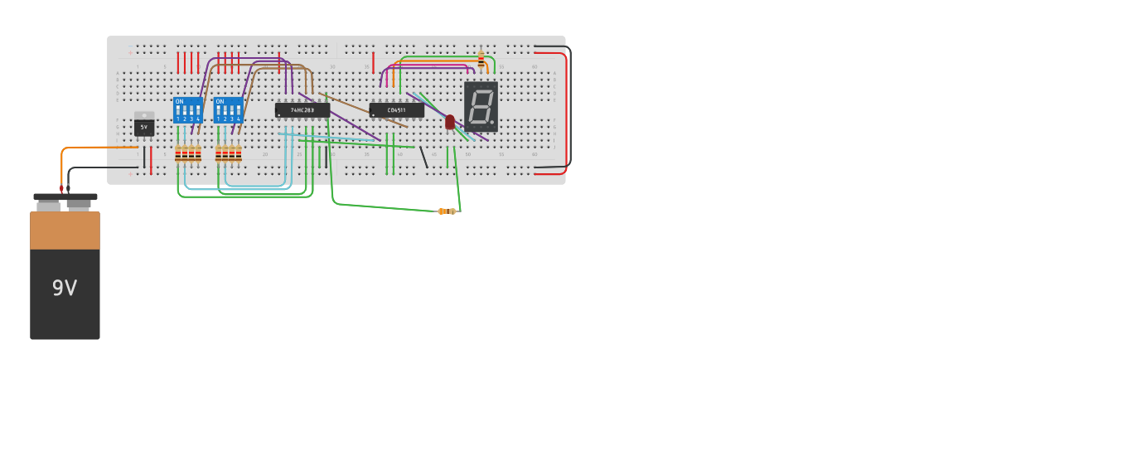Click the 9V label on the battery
(x=65, y=289)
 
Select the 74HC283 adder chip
(x=302, y=109)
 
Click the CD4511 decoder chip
(x=397, y=109)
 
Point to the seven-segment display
(x=481, y=106)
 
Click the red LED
(x=450, y=122)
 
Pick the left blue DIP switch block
(x=187, y=110)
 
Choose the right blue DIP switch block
(x=228, y=110)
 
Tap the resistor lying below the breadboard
(x=447, y=211)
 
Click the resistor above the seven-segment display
(x=481, y=59)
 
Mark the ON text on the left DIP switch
(x=179, y=101)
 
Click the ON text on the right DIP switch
(x=220, y=101)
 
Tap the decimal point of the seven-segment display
(x=492, y=123)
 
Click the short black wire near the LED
(x=423, y=157)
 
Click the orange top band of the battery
(x=65, y=230)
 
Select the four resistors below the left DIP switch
(x=188, y=153)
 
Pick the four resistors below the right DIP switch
(x=229, y=153)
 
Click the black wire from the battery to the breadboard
(x=99, y=168)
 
